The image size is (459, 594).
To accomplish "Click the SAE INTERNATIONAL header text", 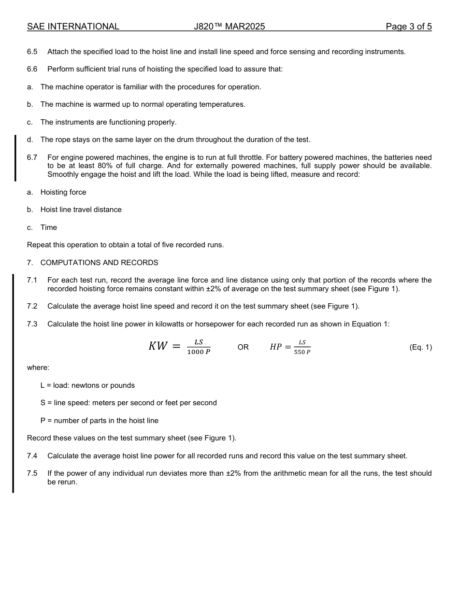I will click(x=73, y=27).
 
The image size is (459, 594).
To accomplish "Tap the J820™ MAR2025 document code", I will click(x=229, y=27).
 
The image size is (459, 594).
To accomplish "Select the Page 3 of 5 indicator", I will click(x=408, y=27).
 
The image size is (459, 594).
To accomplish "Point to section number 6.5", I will click(x=32, y=52).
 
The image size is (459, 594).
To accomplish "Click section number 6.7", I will click(x=32, y=157).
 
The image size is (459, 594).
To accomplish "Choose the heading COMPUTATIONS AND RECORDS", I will click(x=99, y=263).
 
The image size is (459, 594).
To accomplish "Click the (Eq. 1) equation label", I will click(x=420, y=347).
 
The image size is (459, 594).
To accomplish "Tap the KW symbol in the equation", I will click(x=158, y=346).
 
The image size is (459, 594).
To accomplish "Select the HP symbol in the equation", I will click(x=275, y=347).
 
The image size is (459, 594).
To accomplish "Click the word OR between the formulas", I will click(x=243, y=347).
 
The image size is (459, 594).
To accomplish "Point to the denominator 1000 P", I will click(x=199, y=352).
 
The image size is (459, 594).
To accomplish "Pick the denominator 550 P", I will click(x=302, y=352).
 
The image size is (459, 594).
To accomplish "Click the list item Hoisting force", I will click(x=63, y=192).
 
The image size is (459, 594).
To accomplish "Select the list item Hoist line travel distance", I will click(x=81, y=210).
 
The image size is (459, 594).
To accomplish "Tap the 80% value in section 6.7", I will click(x=99, y=166).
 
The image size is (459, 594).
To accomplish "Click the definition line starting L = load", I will click(x=87, y=385).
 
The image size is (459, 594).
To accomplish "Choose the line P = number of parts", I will click(x=99, y=421).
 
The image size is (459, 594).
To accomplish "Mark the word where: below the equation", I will click(x=38, y=368).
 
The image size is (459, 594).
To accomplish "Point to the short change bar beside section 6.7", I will click(x=15, y=158).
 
